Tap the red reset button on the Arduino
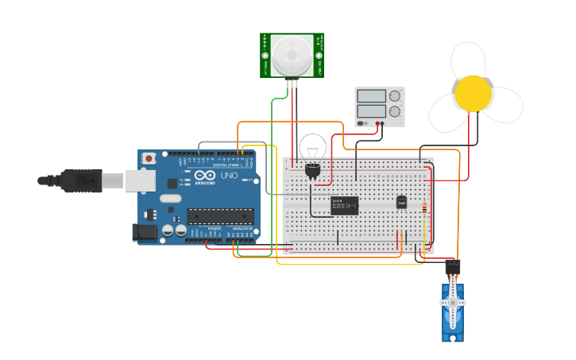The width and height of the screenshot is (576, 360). (149, 159)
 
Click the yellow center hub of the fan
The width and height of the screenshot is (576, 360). (473, 93)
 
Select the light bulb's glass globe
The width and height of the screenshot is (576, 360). (312, 147)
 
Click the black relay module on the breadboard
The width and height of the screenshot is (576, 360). (344, 205)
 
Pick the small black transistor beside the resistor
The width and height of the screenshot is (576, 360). (401, 203)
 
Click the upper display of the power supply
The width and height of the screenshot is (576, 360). (371, 96)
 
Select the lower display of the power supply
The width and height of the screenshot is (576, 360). (371, 112)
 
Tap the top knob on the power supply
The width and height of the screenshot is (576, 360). (395, 96)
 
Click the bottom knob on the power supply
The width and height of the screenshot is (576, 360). (395, 112)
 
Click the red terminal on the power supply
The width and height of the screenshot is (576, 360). (381, 124)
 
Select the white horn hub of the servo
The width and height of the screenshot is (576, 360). (453, 303)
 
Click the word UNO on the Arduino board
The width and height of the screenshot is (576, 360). (229, 176)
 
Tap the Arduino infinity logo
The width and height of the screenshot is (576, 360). (205, 176)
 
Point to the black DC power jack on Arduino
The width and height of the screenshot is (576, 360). (144, 232)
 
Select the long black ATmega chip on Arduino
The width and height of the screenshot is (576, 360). (221, 215)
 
